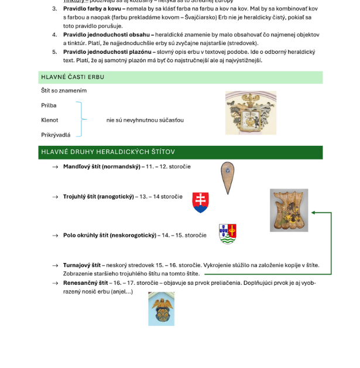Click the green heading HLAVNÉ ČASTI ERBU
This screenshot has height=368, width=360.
pos(73,77)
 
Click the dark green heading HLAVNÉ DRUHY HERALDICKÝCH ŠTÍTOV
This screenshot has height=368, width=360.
pos(108,152)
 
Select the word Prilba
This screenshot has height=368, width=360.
pos(49,105)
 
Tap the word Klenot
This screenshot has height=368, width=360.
pos(49,120)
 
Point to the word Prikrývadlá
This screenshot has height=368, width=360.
pos(56,135)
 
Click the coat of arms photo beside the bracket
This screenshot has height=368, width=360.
pos(251,113)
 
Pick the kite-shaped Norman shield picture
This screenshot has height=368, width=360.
pos(227,177)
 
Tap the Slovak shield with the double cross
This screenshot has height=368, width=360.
pos(200,202)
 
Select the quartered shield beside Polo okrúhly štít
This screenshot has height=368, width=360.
pos(227,233)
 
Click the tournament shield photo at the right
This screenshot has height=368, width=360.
pos(289,210)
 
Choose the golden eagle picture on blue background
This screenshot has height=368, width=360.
pos(161,309)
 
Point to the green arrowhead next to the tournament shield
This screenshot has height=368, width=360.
pos(314,213)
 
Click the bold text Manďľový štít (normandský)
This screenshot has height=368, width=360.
pos(104,166)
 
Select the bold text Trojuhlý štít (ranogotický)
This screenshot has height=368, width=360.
pos(98,197)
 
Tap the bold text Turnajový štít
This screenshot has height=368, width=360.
pos(82,265)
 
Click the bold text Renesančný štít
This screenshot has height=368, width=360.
pos(85,282)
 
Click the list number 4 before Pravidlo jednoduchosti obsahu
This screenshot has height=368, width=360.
pos(54,35)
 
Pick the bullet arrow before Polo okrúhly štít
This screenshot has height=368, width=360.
pos(55,236)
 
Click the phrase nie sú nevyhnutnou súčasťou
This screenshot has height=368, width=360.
pos(145,120)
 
